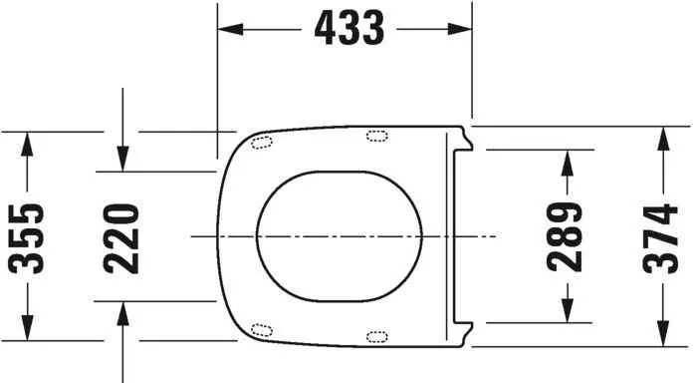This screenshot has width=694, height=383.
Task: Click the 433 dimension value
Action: click(x=347, y=30)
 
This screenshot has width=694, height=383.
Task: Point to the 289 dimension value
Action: click(x=565, y=236)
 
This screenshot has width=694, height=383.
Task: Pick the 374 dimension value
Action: click(x=660, y=236)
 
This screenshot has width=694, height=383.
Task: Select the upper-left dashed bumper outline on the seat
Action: click(x=262, y=142)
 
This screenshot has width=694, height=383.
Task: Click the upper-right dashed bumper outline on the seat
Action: click(x=378, y=137)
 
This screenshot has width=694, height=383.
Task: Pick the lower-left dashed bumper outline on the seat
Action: click(x=262, y=330)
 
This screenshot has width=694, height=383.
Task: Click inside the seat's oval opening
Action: click(x=339, y=236)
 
